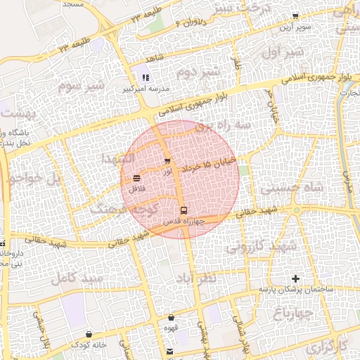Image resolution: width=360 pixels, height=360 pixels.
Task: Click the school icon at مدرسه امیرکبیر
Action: (x=146, y=79)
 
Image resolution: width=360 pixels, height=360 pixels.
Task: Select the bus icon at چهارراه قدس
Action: (x=184, y=210)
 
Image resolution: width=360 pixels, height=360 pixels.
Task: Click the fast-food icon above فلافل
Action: (x=136, y=179)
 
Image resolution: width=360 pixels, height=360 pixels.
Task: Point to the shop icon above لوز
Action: (x=167, y=161)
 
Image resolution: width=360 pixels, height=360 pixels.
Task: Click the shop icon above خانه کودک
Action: (x=89, y=334)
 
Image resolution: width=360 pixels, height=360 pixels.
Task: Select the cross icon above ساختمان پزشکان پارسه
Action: (x=295, y=279)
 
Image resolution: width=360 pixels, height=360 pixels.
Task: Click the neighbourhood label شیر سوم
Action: (x=81, y=86)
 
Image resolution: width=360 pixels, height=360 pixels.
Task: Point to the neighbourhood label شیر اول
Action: (x=281, y=53)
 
